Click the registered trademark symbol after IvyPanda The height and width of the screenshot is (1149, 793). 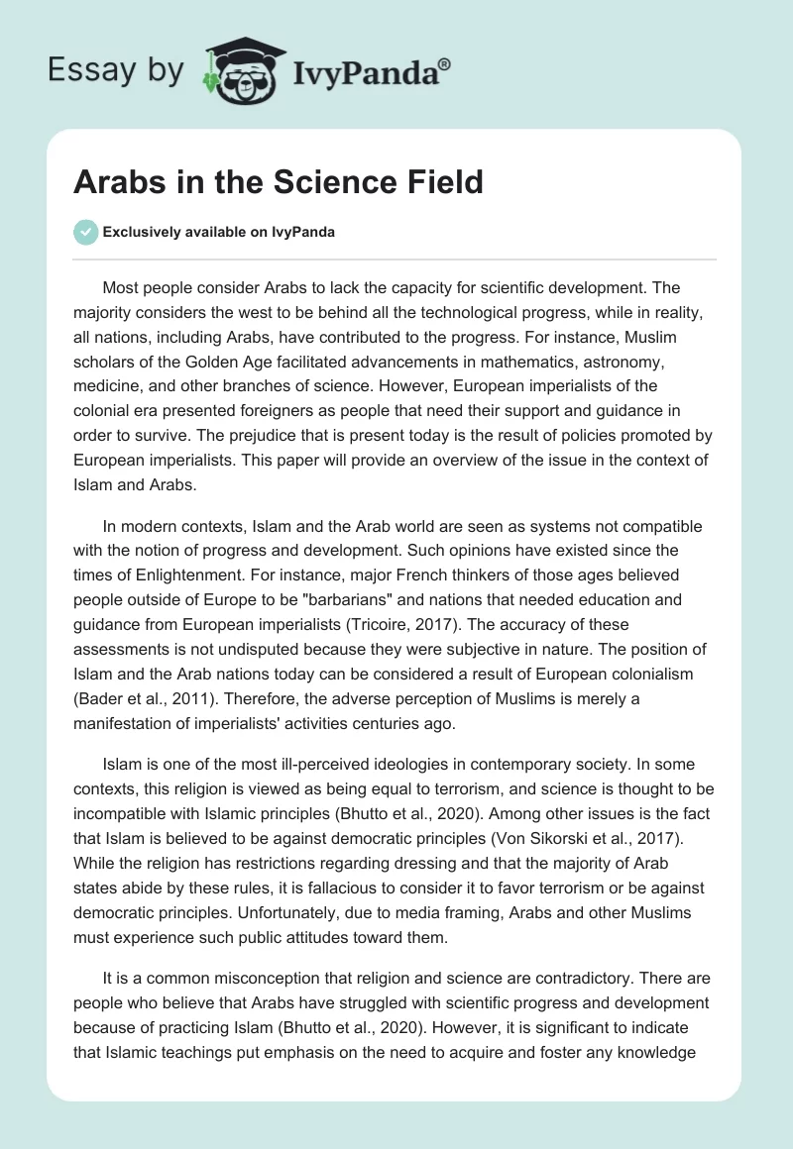point(445,64)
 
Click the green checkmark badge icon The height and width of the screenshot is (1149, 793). point(85,233)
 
